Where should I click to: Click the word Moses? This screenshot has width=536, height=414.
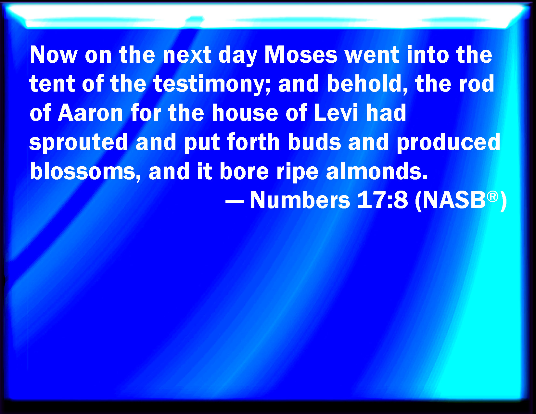[x=301, y=55]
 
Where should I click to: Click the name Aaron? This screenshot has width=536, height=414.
[x=90, y=113]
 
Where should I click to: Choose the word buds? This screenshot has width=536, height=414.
[x=314, y=142]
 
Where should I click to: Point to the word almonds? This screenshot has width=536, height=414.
[x=376, y=171]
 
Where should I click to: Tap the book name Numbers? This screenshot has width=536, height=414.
[x=300, y=200]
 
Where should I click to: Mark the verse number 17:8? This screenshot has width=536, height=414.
[x=382, y=200]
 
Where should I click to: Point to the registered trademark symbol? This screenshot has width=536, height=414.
[x=492, y=196]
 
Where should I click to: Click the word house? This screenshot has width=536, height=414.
[x=245, y=113]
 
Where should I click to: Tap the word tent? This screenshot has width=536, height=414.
[x=52, y=84]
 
